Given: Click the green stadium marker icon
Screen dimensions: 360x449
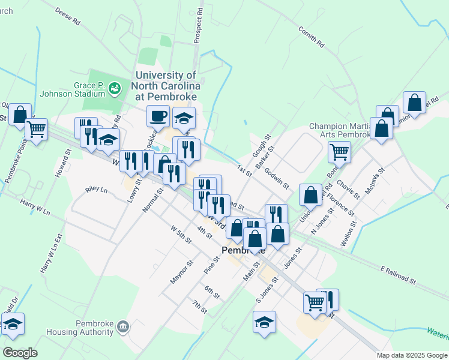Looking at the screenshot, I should click(115, 89).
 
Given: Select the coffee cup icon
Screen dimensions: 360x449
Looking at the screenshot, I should click(158, 115).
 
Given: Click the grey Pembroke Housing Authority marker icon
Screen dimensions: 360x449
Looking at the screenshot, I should click(123, 326).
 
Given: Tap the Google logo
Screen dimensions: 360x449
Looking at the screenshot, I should click(20, 353).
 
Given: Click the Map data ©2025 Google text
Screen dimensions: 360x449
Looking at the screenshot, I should click(411, 355).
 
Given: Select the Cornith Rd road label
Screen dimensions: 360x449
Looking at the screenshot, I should click(310, 37).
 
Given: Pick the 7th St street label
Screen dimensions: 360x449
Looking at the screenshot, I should click(199, 307).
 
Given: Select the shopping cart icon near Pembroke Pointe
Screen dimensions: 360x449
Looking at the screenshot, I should click(37, 128).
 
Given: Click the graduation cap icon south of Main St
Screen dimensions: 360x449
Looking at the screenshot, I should click(264, 322).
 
